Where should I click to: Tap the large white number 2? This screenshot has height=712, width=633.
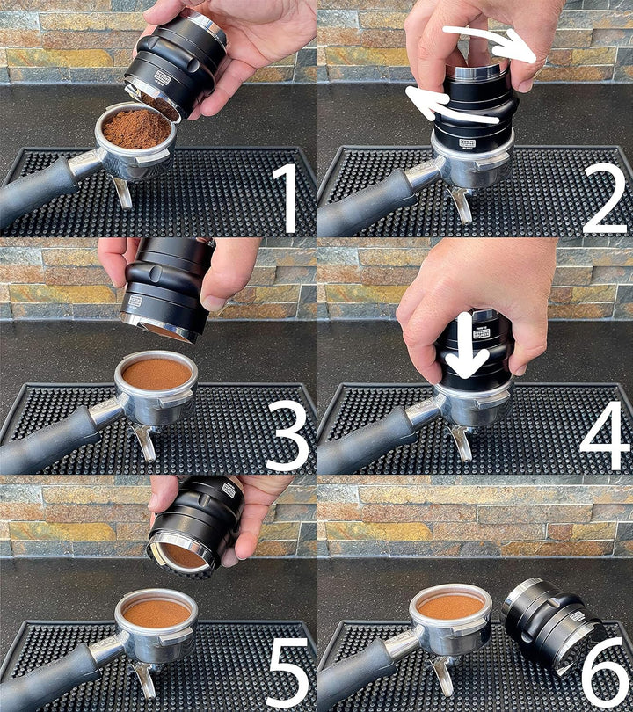pos(605,198)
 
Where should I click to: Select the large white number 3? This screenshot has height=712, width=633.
pos(287,435)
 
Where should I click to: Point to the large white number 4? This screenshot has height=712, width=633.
pos(605,435)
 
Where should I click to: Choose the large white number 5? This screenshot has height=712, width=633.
pos(288,672)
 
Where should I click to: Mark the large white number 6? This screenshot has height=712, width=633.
pos(605,672)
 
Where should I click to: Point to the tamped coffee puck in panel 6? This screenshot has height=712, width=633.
pos(450,606)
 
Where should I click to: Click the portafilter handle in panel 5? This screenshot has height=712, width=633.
pos(44,681)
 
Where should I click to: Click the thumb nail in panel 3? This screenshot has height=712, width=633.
pos(215,303)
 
